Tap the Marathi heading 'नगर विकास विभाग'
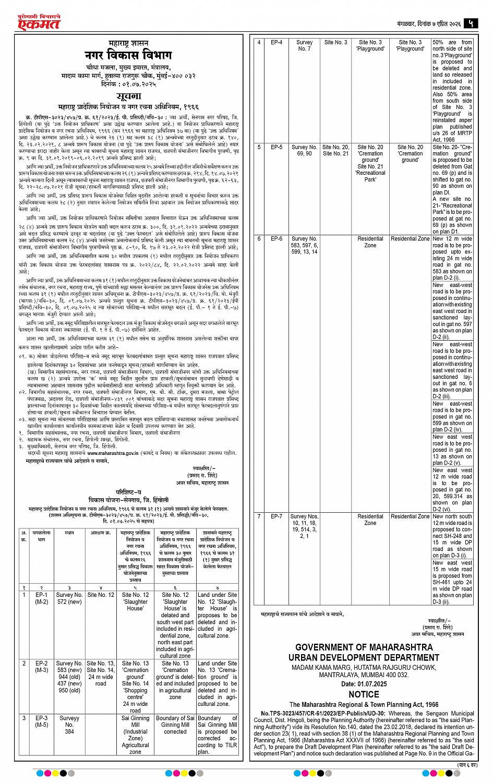point(128,56)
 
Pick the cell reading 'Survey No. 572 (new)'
point(69,598)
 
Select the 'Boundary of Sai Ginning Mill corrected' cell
point(175,725)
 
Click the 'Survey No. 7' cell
point(304,45)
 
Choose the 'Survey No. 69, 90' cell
point(304,150)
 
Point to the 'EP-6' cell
point(276,238)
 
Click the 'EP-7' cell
point(276,516)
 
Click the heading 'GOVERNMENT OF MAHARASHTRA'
point(364,647)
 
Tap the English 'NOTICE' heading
point(364,694)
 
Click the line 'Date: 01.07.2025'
point(364,683)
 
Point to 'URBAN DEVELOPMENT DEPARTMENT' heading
point(364,657)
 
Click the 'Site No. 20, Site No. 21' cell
point(335,150)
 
